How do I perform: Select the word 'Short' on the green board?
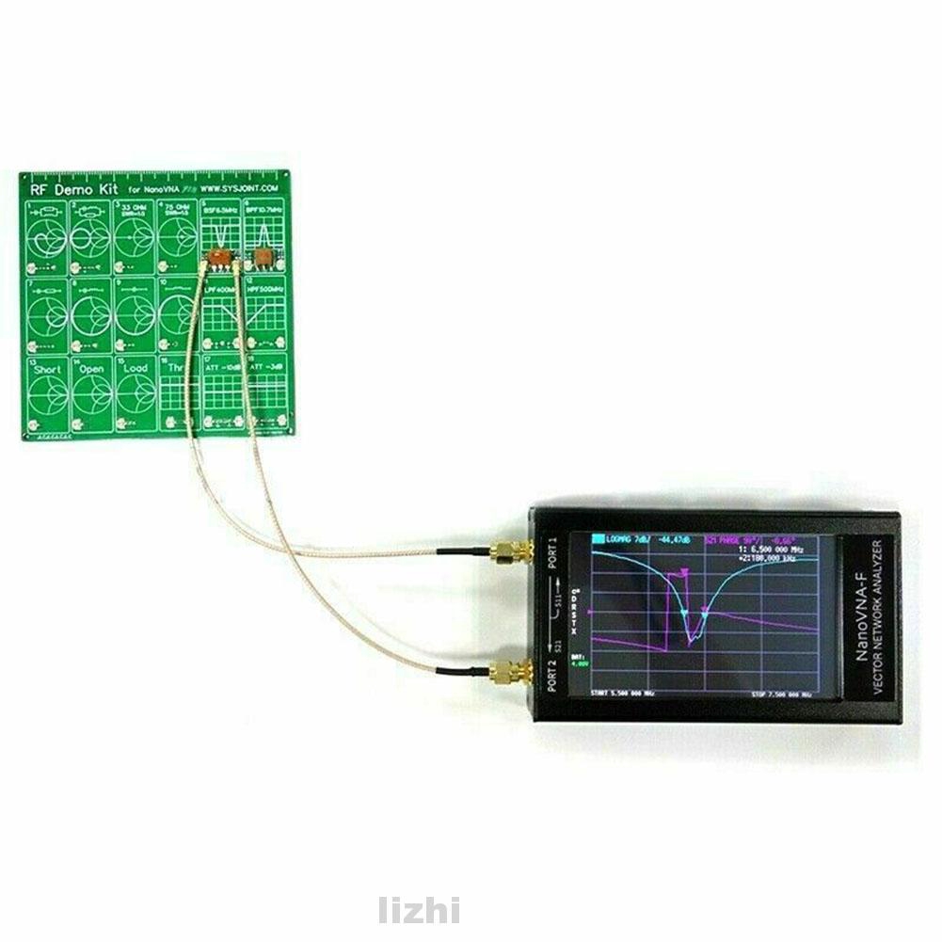(x=48, y=370)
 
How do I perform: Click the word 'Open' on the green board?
(x=91, y=370)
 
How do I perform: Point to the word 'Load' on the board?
(x=135, y=370)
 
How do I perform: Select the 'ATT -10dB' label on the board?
(x=221, y=365)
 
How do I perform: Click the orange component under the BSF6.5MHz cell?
(x=218, y=257)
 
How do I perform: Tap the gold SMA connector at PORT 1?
(x=511, y=551)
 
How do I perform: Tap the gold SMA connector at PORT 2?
(x=509, y=672)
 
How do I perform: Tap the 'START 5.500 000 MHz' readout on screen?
(x=622, y=695)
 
